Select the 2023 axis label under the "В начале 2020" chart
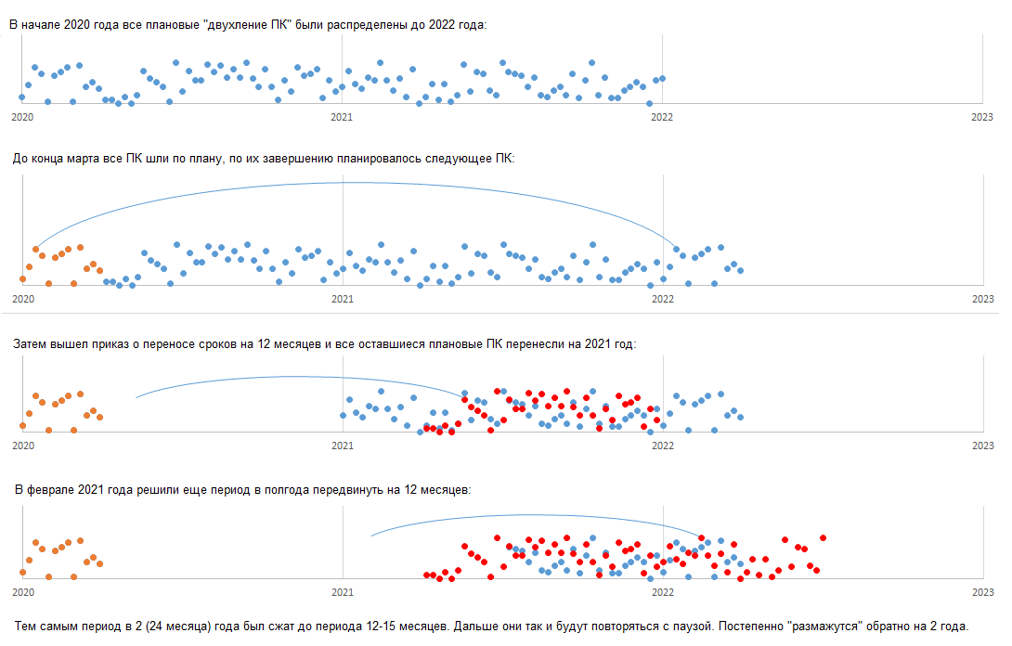click(982, 116)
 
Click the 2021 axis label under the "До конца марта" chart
click(343, 299)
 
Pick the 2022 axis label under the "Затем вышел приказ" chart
click(662, 446)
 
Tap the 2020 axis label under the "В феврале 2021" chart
click(22, 591)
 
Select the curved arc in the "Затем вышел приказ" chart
click(297, 377)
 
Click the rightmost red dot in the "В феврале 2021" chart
click(823, 537)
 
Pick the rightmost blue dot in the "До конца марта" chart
click(740, 270)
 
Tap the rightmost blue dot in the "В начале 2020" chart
click(662, 78)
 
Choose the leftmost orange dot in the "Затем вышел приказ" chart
click(22, 425)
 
